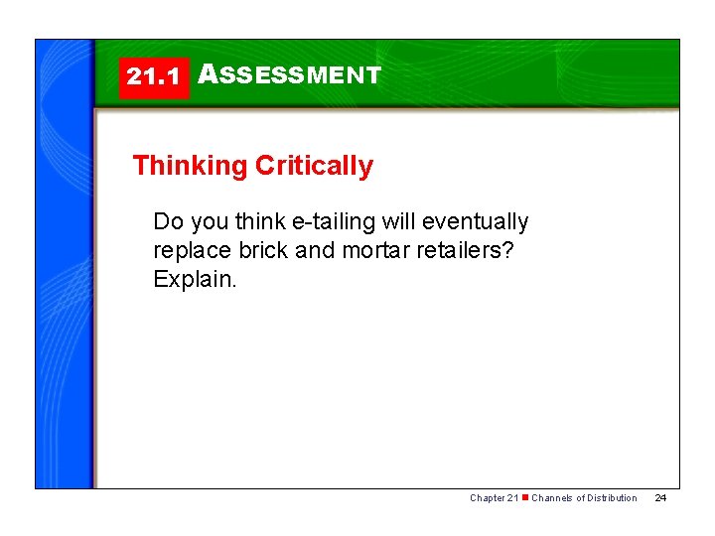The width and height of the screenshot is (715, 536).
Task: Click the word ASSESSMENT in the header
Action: click(289, 75)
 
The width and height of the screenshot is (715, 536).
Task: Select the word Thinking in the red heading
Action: click(189, 166)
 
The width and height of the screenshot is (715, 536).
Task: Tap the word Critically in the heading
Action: click(314, 166)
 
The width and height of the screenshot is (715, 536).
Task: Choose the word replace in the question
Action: click(189, 250)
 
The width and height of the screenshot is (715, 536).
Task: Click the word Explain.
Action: click(195, 279)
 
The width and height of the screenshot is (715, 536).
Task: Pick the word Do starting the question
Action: click(167, 221)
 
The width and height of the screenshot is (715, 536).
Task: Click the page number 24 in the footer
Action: click(660, 498)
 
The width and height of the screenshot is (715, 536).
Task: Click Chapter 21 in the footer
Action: click(494, 498)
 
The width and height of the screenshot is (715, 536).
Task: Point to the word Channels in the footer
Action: click(552, 498)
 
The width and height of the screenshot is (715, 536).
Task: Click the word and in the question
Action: click(316, 250)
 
